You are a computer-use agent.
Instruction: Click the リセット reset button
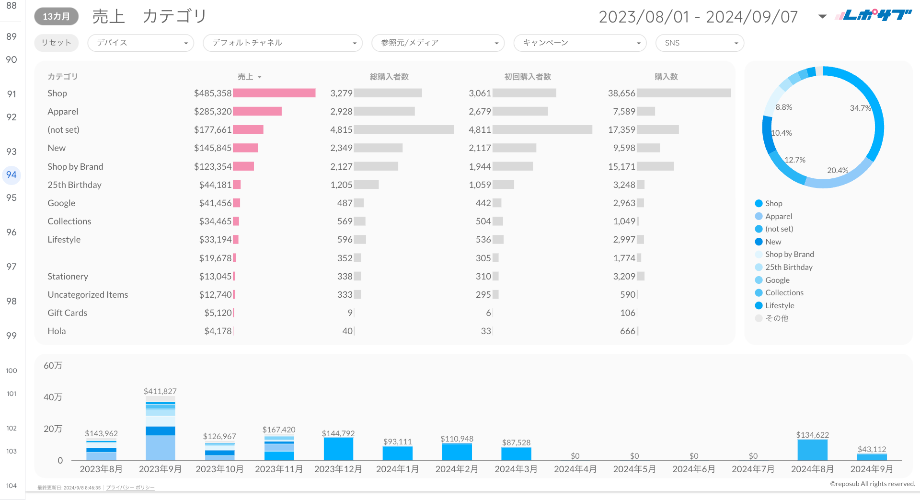click(x=56, y=43)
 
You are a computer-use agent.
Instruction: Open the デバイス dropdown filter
click(x=140, y=43)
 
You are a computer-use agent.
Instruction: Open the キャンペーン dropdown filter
click(x=580, y=43)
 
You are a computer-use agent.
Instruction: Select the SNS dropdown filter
click(x=700, y=43)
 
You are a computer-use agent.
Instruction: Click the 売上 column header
click(x=246, y=77)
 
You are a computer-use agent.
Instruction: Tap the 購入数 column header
click(x=666, y=77)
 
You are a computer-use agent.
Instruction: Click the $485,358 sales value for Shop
click(x=213, y=93)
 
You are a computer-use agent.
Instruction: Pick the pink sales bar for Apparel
click(x=257, y=111)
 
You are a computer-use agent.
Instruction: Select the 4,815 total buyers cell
click(x=341, y=129)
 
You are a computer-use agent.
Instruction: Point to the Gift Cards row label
click(x=68, y=313)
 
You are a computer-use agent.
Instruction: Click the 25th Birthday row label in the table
click(x=75, y=185)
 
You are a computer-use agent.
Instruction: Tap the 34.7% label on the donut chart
click(x=860, y=108)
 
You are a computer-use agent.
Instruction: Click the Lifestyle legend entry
click(x=779, y=305)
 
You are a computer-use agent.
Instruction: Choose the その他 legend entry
click(x=776, y=318)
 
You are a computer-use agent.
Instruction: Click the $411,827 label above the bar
click(x=160, y=391)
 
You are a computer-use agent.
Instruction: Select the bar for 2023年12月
click(x=338, y=449)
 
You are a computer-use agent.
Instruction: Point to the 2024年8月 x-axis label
click(x=812, y=469)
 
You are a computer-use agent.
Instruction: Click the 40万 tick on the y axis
click(x=53, y=397)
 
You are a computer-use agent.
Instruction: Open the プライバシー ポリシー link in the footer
click(x=130, y=488)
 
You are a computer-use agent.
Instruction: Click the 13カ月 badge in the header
click(x=56, y=16)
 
